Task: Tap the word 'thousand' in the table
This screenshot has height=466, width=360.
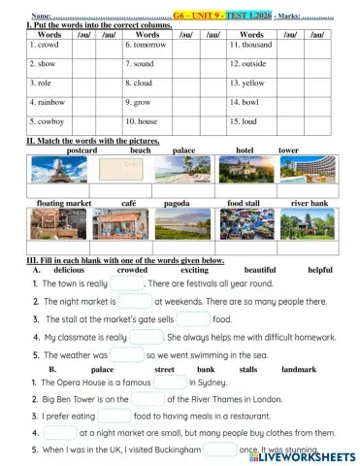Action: (x=249, y=45)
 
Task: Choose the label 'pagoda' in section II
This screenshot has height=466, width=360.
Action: (x=177, y=203)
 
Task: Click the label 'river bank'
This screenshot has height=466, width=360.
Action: (x=310, y=203)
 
